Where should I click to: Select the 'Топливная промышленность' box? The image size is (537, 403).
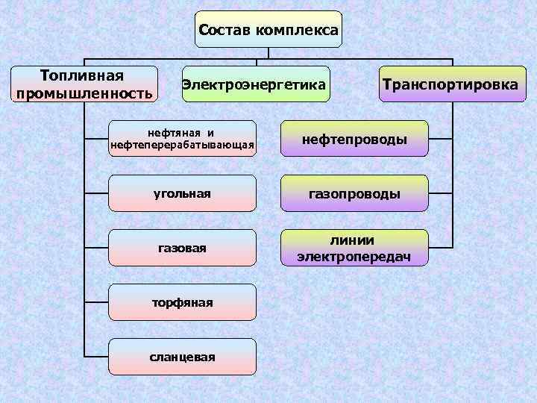coord(84,84)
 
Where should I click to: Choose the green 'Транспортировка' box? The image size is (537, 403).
coord(449,84)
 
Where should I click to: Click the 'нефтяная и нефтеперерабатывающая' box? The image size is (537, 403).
coord(182,138)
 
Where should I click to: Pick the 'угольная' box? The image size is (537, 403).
coord(182,193)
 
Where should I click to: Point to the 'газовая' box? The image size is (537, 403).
coord(182,248)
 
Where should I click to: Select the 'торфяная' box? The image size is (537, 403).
coord(182,302)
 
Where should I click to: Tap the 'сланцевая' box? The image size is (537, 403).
coord(182,357)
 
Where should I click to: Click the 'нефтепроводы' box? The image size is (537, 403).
coord(354,139)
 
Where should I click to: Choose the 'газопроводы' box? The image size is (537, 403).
coord(354,193)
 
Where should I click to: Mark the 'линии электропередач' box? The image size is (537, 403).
coord(354,248)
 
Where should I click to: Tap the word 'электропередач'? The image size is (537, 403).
coord(354,257)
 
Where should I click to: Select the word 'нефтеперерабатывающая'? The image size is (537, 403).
coord(182,144)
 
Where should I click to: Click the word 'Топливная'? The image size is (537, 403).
coord(82,75)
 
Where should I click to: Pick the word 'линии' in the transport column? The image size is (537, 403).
coord(354,240)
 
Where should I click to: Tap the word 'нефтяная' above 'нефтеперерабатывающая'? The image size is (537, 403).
coord(175,131)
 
